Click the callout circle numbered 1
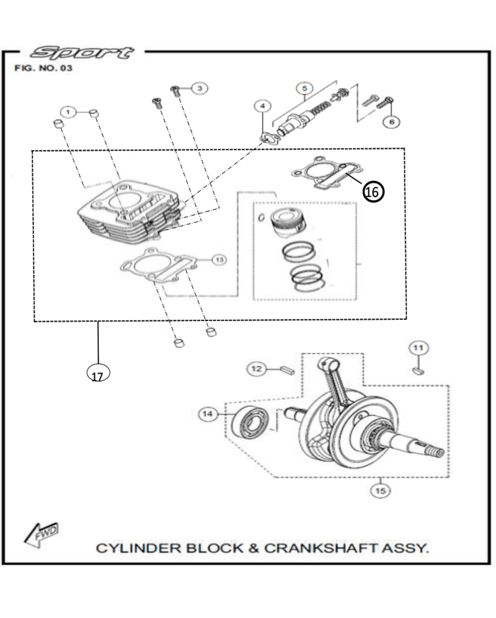pyautogui.click(x=69, y=112)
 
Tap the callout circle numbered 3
pyautogui.click(x=199, y=89)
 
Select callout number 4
pyautogui.click(x=263, y=106)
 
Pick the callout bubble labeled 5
pyautogui.click(x=304, y=88)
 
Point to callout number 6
pyautogui.click(x=391, y=122)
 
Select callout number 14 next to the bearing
pyautogui.click(x=208, y=414)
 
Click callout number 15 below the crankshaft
pyautogui.click(x=380, y=491)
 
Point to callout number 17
pyautogui.click(x=97, y=374)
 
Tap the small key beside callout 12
pyautogui.click(x=286, y=369)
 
